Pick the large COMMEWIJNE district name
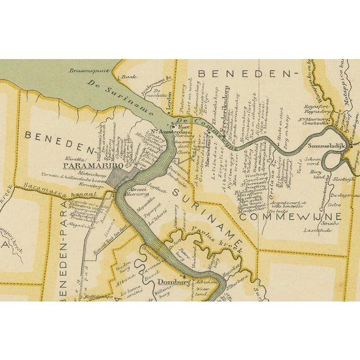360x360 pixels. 287,215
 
